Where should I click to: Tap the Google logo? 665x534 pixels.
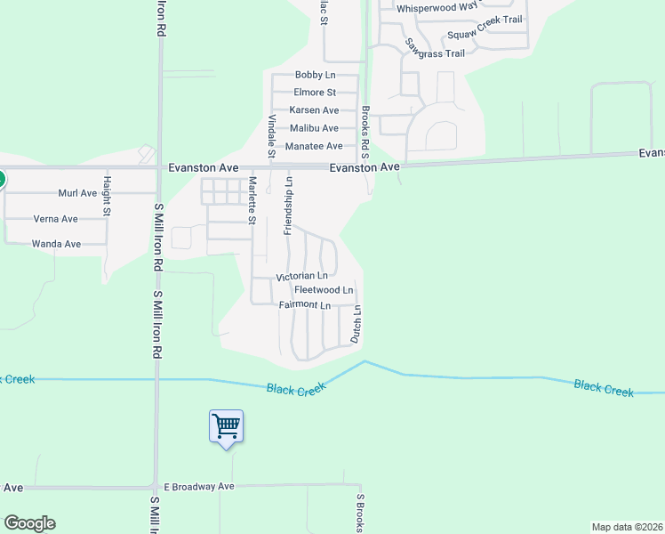pyautogui.click(x=29, y=523)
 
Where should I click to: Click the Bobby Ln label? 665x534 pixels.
pyautogui.click(x=315, y=75)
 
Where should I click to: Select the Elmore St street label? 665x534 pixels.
pyautogui.click(x=315, y=93)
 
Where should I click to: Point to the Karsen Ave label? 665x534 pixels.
pyautogui.click(x=314, y=110)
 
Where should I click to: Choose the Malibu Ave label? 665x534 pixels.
pyautogui.click(x=314, y=128)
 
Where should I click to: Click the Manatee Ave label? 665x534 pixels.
pyautogui.click(x=314, y=146)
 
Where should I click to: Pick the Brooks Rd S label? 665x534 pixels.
pyautogui.click(x=365, y=133)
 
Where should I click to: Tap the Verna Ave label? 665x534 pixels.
pyautogui.click(x=55, y=219)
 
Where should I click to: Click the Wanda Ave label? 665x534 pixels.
pyautogui.click(x=56, y=244)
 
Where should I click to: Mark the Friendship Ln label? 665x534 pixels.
pyautogui.click(x=288, y=206)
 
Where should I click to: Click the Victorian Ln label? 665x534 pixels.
pyautogui.click(x=302, y=277)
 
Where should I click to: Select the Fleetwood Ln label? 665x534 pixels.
pyautogui.click(x=324, y=290)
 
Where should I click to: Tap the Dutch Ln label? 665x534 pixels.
pyautogui.click(x=356, y=326)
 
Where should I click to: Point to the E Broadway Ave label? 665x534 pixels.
pyautogui.click(x=198, y=487)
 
